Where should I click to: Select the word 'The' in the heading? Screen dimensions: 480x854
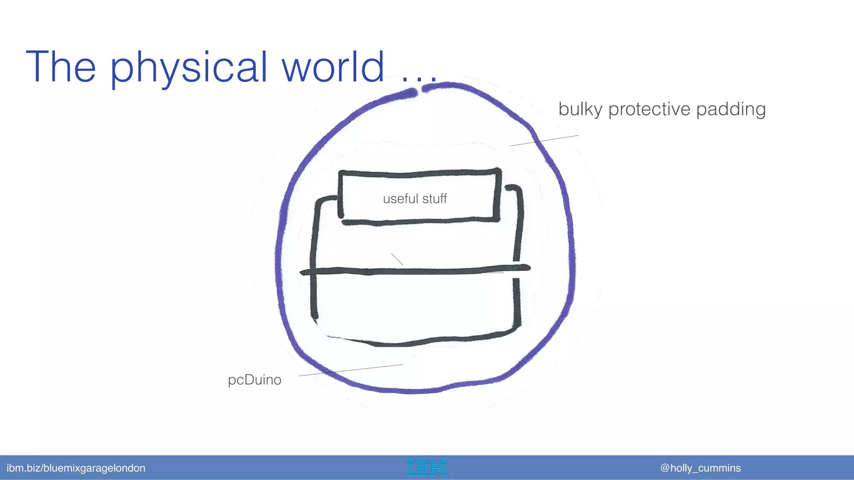(x=61, y=67)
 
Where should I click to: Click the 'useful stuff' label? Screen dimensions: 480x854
(x=415, y=199)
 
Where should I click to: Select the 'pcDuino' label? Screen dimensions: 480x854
(x=254, y=380)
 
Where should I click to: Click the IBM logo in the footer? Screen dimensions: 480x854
(x=427, y=467)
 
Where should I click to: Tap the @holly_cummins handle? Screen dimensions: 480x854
(x=700, y=468)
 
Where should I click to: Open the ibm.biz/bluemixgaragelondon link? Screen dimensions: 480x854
(x=76, y=468)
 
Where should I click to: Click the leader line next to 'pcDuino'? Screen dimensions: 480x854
(x=350, y=370)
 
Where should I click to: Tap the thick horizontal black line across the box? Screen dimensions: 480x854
(x=415, y=271)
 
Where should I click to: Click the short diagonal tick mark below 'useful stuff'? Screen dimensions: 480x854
(x=397, y=259)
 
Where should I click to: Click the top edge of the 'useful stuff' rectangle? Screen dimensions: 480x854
(x=419, y=172)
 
